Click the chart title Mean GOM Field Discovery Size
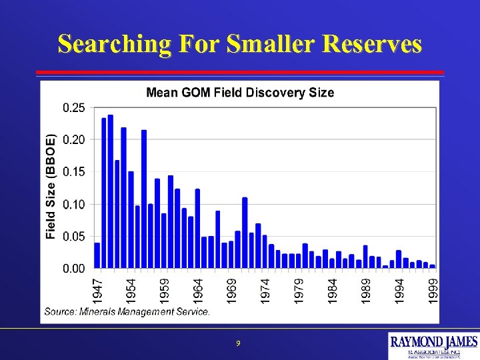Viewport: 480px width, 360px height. pyautogui.click(x=240, y=93)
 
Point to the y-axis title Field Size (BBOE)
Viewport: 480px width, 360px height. pyautogui.click(x=51, y=187)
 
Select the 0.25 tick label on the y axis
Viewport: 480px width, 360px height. pyautogui.click(x=73, y=107)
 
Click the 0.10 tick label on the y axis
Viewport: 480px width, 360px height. pyautogui.click(x=73, y=204)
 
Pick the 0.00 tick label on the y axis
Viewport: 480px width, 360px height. pyautogui.click(x=73, y=268)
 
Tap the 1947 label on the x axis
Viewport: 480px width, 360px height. pyautogui.click(x=97, y=291)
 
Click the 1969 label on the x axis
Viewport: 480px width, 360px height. pyautogui.click(x=231, y=291)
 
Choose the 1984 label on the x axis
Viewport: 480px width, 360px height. pyautogui.click(x=332, y=291)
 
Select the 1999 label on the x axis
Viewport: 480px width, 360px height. pyautogui.click(x=433, y=291)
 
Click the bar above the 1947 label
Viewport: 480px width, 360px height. pyautogui.click(x=97, y=255)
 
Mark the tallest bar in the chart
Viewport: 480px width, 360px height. pyautogui.click(x=111, y=192)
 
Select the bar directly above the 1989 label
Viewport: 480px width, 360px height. pyautogui.click(x=365, y=257)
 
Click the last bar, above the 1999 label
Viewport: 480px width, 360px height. pyautogui.click(x=433, y=266)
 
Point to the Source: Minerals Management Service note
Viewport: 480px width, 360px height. pyautogui.click(x=127, y=311)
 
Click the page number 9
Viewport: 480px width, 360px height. pyautogui.click(x=238, y=343)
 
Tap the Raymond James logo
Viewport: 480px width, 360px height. pyautogui.click(x=433, y=345)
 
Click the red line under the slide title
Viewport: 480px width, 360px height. pyautogui.click(x=240, y=72)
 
